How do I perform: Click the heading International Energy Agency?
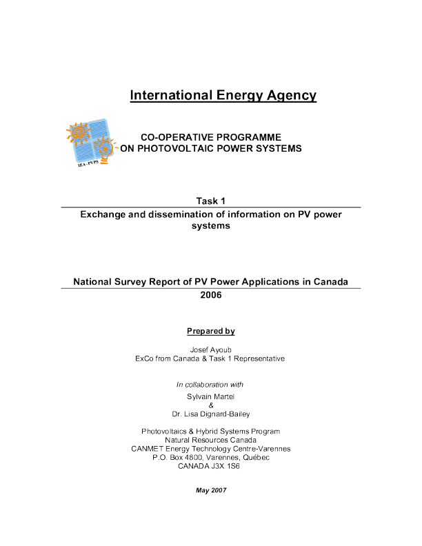coord(223,96)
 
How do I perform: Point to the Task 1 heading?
coord(210,201)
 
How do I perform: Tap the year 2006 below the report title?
coord(210,294)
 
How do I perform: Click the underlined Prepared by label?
coord(211,332)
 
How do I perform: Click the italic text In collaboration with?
coord(210,384)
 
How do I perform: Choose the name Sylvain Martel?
coord(211,396)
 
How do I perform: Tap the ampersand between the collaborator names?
coord(211,405)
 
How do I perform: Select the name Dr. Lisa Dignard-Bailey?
coord(211,414)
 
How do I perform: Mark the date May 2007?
coord(210,490)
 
